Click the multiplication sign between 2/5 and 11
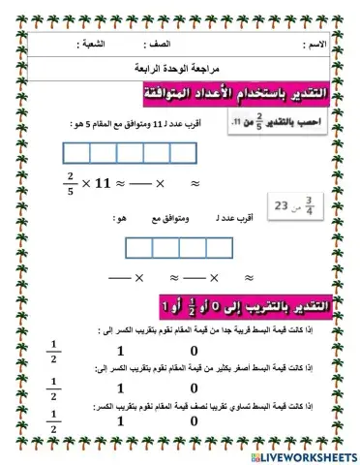[x=86, y=184]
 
